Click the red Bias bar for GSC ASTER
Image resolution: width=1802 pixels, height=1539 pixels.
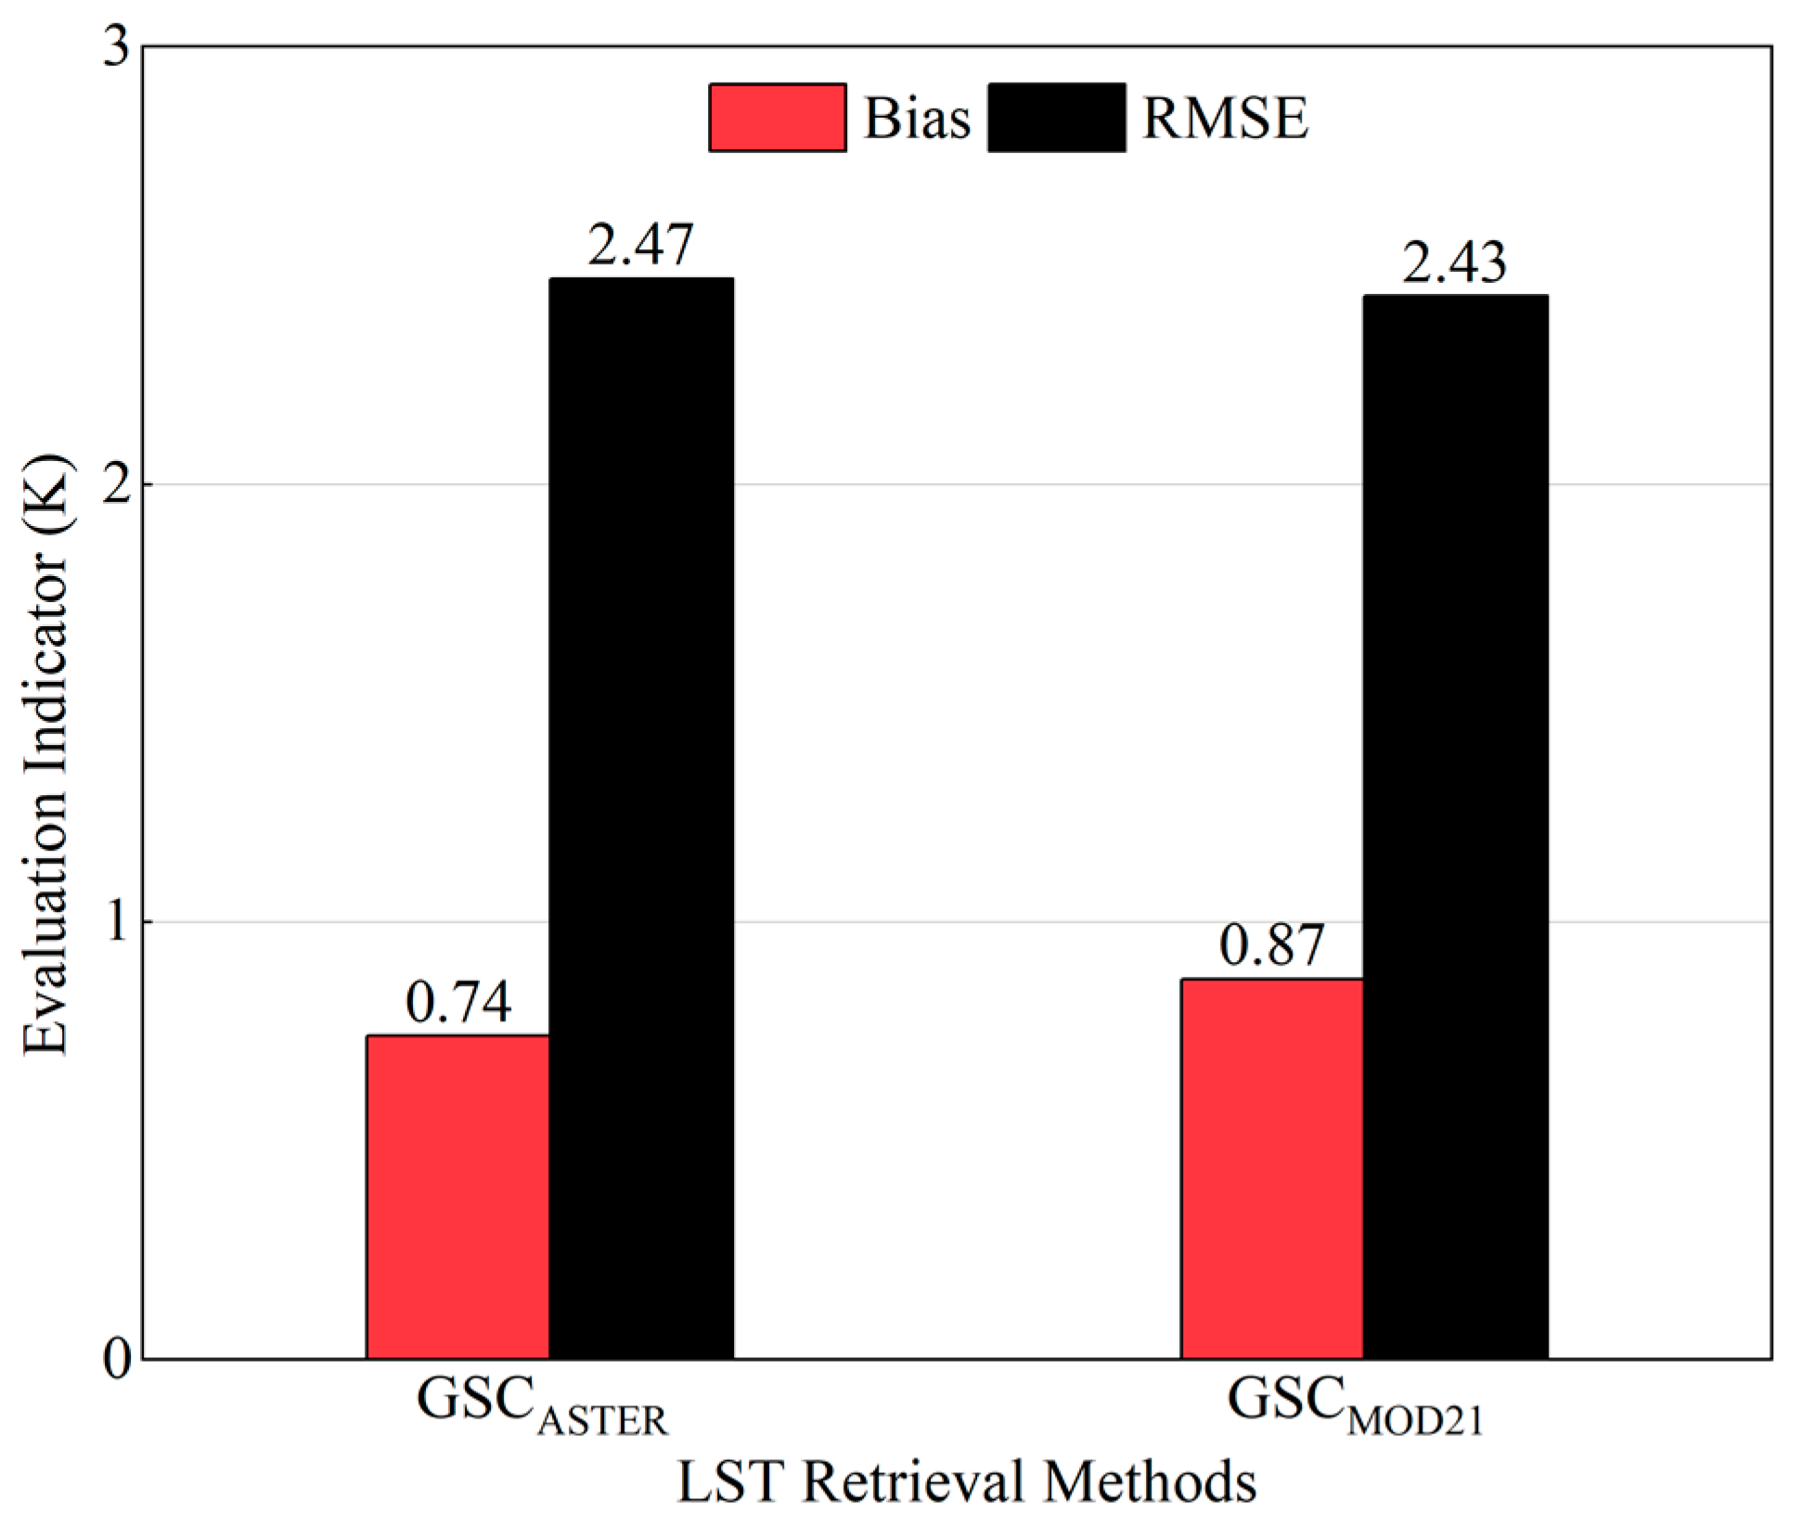(457, 1197)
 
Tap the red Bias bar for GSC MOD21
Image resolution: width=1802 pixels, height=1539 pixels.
(1272, 1169)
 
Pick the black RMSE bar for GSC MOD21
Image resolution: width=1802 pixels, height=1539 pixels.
(1455, 827)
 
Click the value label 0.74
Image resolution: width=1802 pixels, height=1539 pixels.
(458, 1003)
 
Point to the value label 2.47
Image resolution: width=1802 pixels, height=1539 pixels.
(640, 245)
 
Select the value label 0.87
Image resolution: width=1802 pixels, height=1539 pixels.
(1271, 945)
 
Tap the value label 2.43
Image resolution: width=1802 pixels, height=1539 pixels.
(1454, 263)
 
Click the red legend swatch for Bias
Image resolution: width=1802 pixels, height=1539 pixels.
(778, 118)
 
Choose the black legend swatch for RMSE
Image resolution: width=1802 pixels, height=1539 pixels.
(1057, 118)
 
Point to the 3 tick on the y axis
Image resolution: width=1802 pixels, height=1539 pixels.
(117, 46)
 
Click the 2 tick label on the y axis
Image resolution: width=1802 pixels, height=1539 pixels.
(117, 484)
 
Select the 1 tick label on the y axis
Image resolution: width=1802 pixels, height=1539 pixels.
(117, 922)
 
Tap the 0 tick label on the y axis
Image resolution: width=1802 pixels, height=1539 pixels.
(117, 1360)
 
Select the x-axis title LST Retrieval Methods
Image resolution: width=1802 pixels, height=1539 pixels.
(966, 1481)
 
